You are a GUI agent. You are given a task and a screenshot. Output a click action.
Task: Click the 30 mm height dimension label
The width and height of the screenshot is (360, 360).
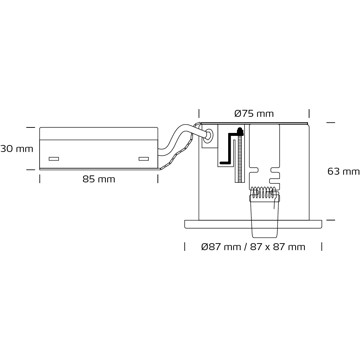pyautogui.click(x=17, y=149)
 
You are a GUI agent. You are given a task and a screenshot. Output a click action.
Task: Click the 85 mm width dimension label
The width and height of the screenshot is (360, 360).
pyautogui.click(x=99, y=179)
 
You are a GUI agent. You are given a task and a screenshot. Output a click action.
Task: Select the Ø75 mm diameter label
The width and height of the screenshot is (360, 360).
pyautogui.click(x=254, y=114)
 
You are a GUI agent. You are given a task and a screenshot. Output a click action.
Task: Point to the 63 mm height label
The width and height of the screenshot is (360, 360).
pyautogui.click(x=343, y=172)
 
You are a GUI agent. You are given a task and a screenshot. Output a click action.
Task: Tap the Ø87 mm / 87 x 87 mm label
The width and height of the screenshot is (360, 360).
pyautogui.click(x=253, y=247)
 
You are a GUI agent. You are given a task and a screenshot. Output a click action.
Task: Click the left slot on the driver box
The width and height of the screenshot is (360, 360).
pyautogui.click(x=54, y=159)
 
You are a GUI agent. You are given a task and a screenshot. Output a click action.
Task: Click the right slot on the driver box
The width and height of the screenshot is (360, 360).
pyautogui.click(x=144, y=159)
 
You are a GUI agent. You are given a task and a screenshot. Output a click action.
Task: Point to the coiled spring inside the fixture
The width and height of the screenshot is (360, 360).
pyautogui.click(x=264, y=192)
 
